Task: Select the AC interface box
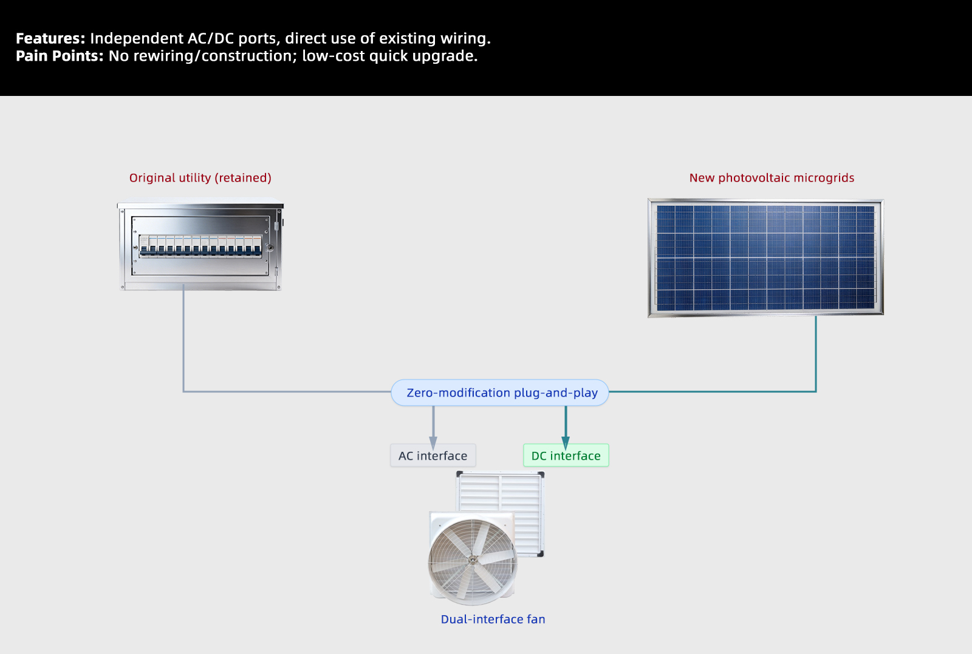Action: coord(433,456)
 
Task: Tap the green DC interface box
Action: coord(566,456)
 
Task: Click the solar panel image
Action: coord(765,257)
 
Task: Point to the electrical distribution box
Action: coord(200,247)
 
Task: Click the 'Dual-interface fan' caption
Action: coord(493,619)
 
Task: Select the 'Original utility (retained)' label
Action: coord(200,178)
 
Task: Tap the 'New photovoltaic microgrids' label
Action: coord(772,178)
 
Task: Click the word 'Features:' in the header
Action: coord(50,39)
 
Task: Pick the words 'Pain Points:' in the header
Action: coord(60,56)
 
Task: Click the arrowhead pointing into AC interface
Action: coord(433,443)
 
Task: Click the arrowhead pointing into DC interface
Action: coord(566,443)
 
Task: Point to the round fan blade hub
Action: coord(472,559)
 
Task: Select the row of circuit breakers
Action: coord(200,245)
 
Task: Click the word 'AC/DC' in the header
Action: coord(210,39)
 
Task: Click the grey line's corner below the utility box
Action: coord(183,392)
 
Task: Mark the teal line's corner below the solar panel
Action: coord(816,392)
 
